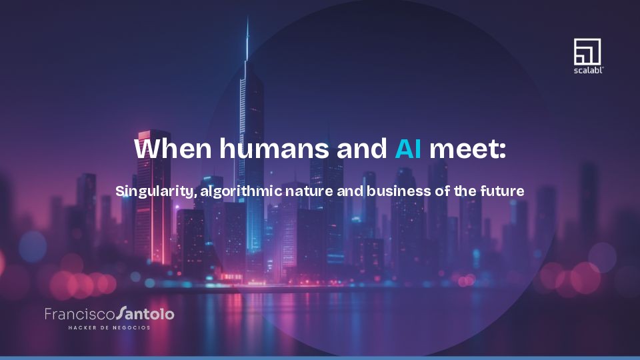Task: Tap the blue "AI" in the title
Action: pos(407,148)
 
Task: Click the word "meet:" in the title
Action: pos(467,148)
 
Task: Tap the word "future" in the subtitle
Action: pos(501,191)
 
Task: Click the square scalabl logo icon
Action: pos(587,51)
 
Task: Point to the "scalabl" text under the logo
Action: pos(587,69)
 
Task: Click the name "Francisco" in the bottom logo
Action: pos(79,313)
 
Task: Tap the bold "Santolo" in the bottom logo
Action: pos(145,313)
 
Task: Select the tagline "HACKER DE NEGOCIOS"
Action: pos(109,327)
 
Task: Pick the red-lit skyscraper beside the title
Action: pos(154,200)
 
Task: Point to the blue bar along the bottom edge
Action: pos(320,357)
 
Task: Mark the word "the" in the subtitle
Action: pos(464,191)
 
